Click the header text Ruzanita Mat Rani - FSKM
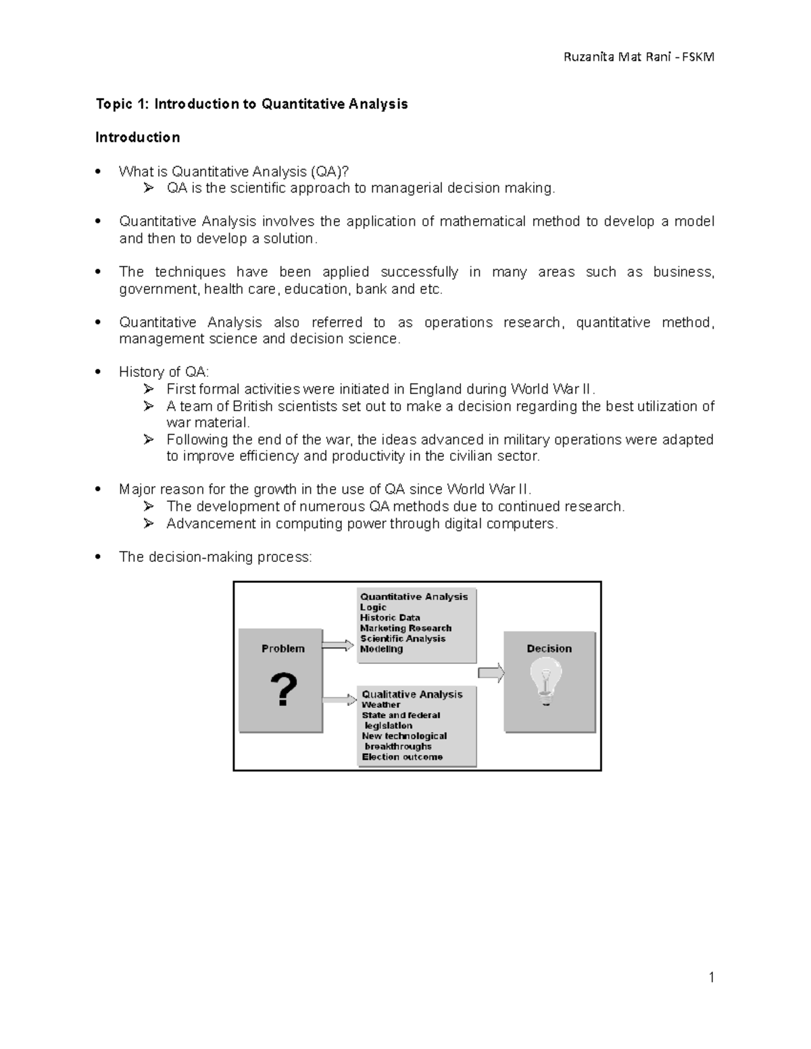click(x=639, y=57)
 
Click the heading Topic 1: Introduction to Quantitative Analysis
click(x=251, y=104)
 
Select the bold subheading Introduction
click(x=137, y=138)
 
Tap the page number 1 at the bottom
click(x=711, y=977)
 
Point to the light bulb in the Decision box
click(x=546, y=681)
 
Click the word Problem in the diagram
click(x=282, y=648)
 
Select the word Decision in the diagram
click(x=549, y=648)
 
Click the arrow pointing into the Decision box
click(x=491, y=673)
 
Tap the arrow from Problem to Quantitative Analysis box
click(x=338, y=645)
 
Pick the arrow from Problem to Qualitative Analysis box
click(x=339, y=698)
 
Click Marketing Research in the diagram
click(x=405, y=628)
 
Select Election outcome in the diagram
click(x=402, y=757)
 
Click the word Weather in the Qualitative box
click(x=380, y=705)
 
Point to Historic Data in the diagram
click(x=390, y=617)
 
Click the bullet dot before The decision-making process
click(x=99, y=557)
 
